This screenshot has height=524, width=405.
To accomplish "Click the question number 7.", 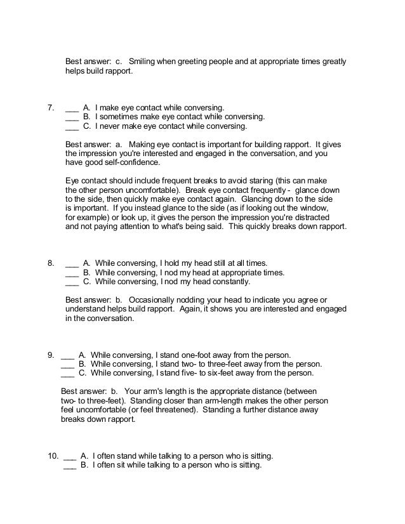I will (x=51, y=107).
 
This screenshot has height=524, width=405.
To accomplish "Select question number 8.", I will (x=51, y=263).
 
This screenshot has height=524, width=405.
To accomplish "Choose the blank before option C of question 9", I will (x=67, y=374).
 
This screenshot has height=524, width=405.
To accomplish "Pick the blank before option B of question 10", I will (x=70, y=465).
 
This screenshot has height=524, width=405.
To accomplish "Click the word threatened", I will (x=190, y=410).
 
